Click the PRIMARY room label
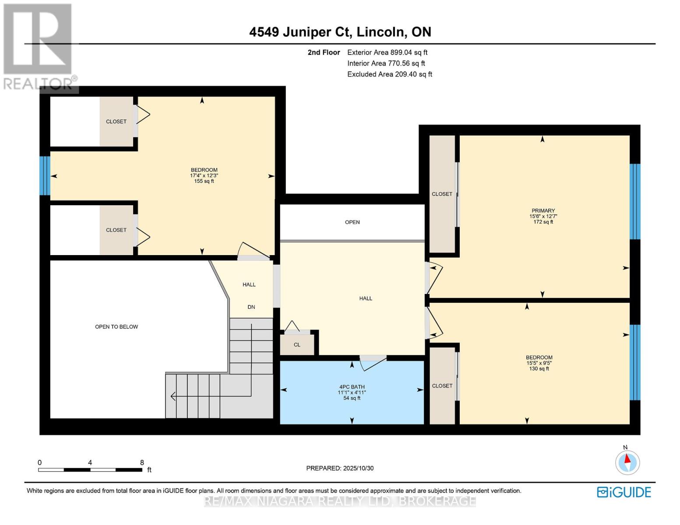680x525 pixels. point(543,210)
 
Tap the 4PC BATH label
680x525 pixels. point(352,387)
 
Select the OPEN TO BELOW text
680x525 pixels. point(116,327)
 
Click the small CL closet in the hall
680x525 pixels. point(297,345)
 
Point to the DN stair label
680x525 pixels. point(251,307)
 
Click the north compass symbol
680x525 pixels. point(627,462)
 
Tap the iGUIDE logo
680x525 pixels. point(624,492)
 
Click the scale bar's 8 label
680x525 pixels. point(142,462)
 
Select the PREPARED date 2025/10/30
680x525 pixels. point(340,468)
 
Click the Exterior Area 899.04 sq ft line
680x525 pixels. point(387,52)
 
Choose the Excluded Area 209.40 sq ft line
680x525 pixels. point(389,74)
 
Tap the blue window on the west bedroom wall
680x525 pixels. point(45,176)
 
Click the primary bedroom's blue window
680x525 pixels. point(634,202)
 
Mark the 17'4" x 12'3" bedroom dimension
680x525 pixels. point(204,175)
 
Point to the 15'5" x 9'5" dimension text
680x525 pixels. point(539,363)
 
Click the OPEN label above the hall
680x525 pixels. point(352,222)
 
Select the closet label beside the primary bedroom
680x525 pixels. point(442,194)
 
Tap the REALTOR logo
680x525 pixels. point(38,46)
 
